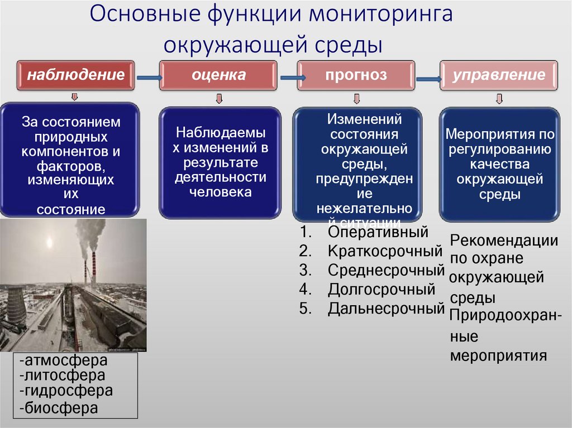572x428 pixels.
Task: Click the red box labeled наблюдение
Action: point(76,75)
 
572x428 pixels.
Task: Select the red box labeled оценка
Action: point(218,75)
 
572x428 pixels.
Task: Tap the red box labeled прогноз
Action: point(356,75)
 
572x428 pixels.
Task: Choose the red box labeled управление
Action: point(499,75)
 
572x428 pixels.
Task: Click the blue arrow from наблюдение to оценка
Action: point(147,78)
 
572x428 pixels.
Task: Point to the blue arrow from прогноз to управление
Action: point(427,79)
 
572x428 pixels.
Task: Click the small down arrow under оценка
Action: point(219,99)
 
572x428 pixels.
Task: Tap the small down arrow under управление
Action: point(499,99)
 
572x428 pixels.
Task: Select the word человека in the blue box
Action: point(221,192)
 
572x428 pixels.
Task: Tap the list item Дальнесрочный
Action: point(386,308)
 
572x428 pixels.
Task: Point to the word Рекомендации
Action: point(504,241)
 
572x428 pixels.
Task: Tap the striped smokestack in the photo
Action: point(94,268)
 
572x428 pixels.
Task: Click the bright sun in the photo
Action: point(50,244)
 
